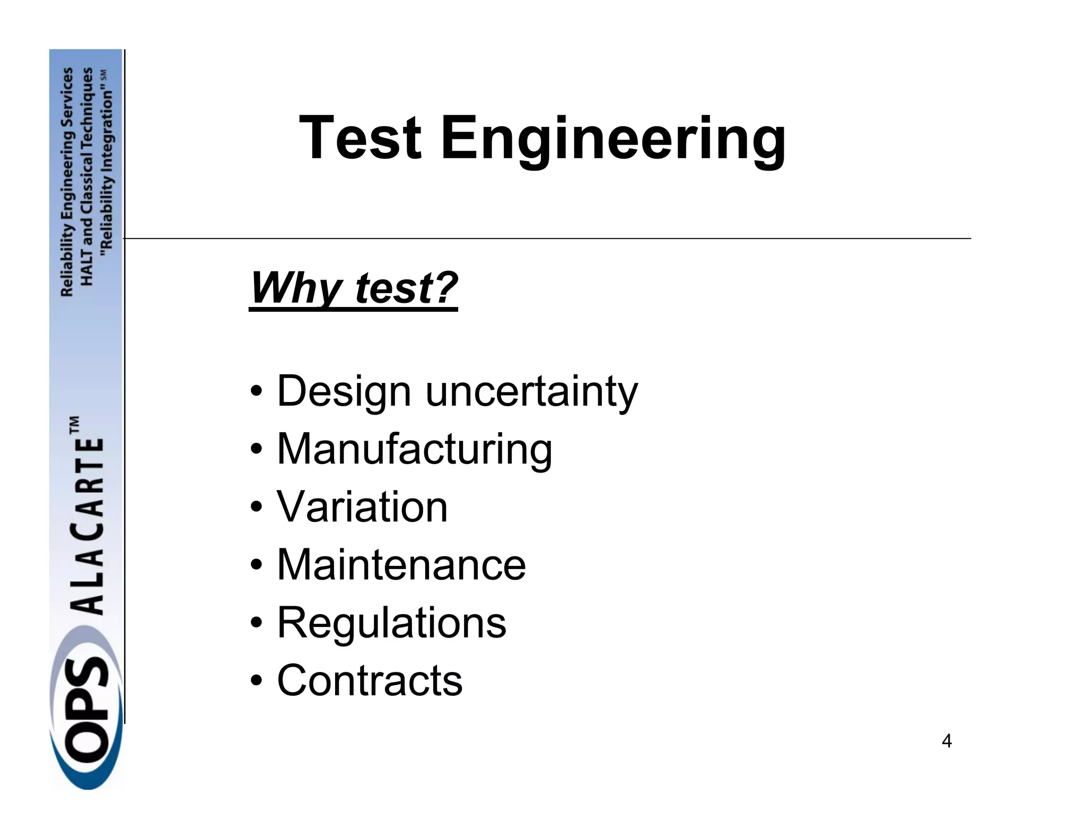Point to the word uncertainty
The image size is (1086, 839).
531,391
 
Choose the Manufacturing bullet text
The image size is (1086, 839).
414,449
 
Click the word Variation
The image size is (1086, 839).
362,506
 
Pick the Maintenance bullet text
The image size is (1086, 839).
401,564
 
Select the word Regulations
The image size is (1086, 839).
391,623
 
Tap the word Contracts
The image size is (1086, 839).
370,680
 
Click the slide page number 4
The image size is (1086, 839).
947,741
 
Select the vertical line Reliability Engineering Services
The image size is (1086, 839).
67,182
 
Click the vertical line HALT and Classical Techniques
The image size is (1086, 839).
87,176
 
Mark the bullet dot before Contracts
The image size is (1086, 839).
256,681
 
